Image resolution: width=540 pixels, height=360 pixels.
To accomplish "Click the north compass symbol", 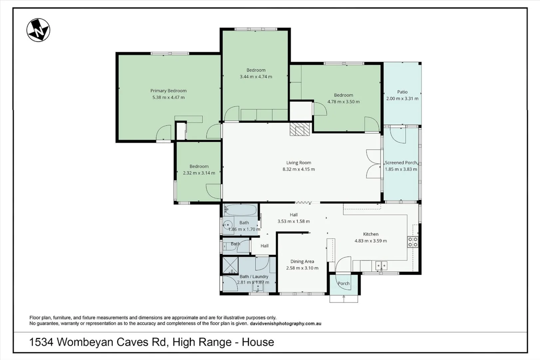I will point(38,30).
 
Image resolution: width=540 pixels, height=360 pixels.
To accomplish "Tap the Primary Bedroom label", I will point(168,91).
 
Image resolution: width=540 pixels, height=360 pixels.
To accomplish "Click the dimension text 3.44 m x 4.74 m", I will point(256,77).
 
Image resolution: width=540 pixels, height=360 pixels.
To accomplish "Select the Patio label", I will point(402,92).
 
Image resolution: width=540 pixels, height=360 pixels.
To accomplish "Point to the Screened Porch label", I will point(401,163).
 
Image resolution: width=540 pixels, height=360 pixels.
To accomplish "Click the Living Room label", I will point(298,163).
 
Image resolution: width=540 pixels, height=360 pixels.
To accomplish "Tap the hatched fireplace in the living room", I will point(299,129).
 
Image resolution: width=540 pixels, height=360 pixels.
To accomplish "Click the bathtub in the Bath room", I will point(241,210).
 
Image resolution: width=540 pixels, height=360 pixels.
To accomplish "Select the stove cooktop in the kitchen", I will point(412,242).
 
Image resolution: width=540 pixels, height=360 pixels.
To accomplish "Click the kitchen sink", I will point(381,266).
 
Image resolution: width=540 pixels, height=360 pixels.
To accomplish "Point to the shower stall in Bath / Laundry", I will point(230,265).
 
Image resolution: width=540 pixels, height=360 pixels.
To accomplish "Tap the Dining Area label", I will point(302,262).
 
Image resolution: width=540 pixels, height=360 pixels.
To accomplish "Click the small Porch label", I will point(343,284).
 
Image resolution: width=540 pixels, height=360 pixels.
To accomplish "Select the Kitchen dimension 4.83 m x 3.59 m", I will point(370,241).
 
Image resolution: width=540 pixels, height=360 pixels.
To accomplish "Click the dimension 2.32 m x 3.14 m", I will point(199,173).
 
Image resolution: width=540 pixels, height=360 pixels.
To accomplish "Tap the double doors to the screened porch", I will point(373,164).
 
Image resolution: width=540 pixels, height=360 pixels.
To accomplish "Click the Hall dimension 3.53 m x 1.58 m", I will point(293,221).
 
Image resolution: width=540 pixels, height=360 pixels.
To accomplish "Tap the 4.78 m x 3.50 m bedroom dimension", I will point(343,102).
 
